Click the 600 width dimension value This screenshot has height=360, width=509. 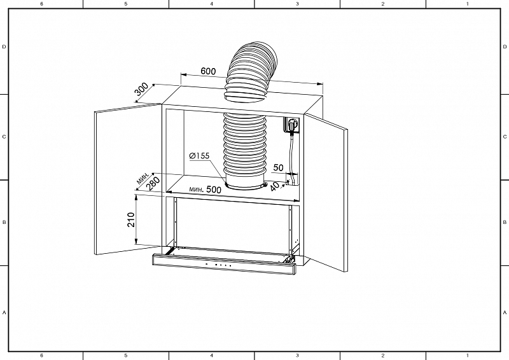coord(208,71)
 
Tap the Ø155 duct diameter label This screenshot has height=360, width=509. coord(199,156)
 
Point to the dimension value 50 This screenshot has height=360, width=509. coord(278,167)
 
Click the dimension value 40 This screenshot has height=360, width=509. coord(275,186)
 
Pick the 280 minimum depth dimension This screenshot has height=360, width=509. coord(153,183)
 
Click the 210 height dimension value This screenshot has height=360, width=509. coord(131,220)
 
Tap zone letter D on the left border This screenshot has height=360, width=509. coord(4,47)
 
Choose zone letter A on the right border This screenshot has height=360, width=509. coord(505,312)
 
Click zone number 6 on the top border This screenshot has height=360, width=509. coord(41,4)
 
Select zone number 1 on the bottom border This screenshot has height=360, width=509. coord(468,356)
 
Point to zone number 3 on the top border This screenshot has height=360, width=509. coord(297,4)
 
